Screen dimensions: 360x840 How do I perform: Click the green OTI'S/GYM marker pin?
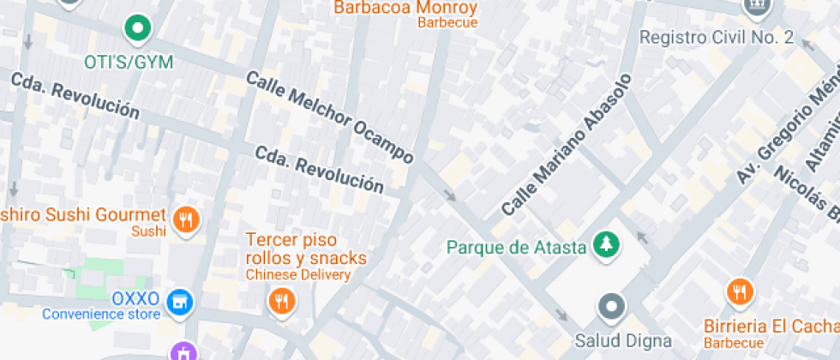click(136, 28)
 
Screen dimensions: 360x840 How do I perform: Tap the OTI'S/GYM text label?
click(129, 63)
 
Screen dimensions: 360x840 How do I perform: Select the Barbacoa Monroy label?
click(405, 8)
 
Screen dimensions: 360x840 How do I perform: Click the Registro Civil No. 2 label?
click(717, 38)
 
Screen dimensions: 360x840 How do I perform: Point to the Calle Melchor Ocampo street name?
click(330, 117)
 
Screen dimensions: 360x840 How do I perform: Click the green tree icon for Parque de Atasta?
click(607, 245)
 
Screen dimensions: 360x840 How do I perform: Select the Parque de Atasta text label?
click(516, 248)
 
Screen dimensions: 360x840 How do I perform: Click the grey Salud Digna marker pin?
click(611, 305)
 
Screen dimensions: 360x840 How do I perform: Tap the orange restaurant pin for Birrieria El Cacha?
click(739, 291)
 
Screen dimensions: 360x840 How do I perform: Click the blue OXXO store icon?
click(180, 301)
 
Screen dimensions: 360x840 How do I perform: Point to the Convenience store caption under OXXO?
click(101, 314)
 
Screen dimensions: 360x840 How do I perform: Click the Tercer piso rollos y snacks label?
click(306, 249)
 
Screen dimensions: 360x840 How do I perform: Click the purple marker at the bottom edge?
click(183, 351)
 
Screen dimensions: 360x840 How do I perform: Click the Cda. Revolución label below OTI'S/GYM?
click(75, 95)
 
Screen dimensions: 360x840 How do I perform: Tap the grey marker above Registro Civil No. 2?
click(756, 8)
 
